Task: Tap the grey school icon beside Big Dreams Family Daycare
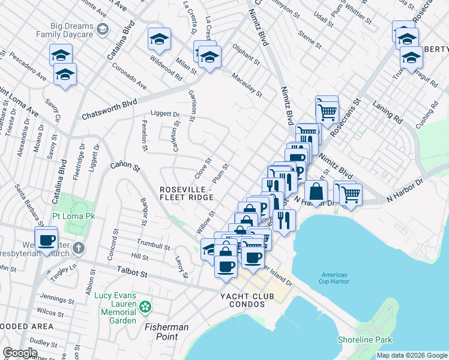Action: tap(103, 28)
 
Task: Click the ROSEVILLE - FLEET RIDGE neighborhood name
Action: tap(186, 193)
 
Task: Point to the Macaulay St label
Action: tap(248, 86)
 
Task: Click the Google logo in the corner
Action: tap(20, 353)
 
